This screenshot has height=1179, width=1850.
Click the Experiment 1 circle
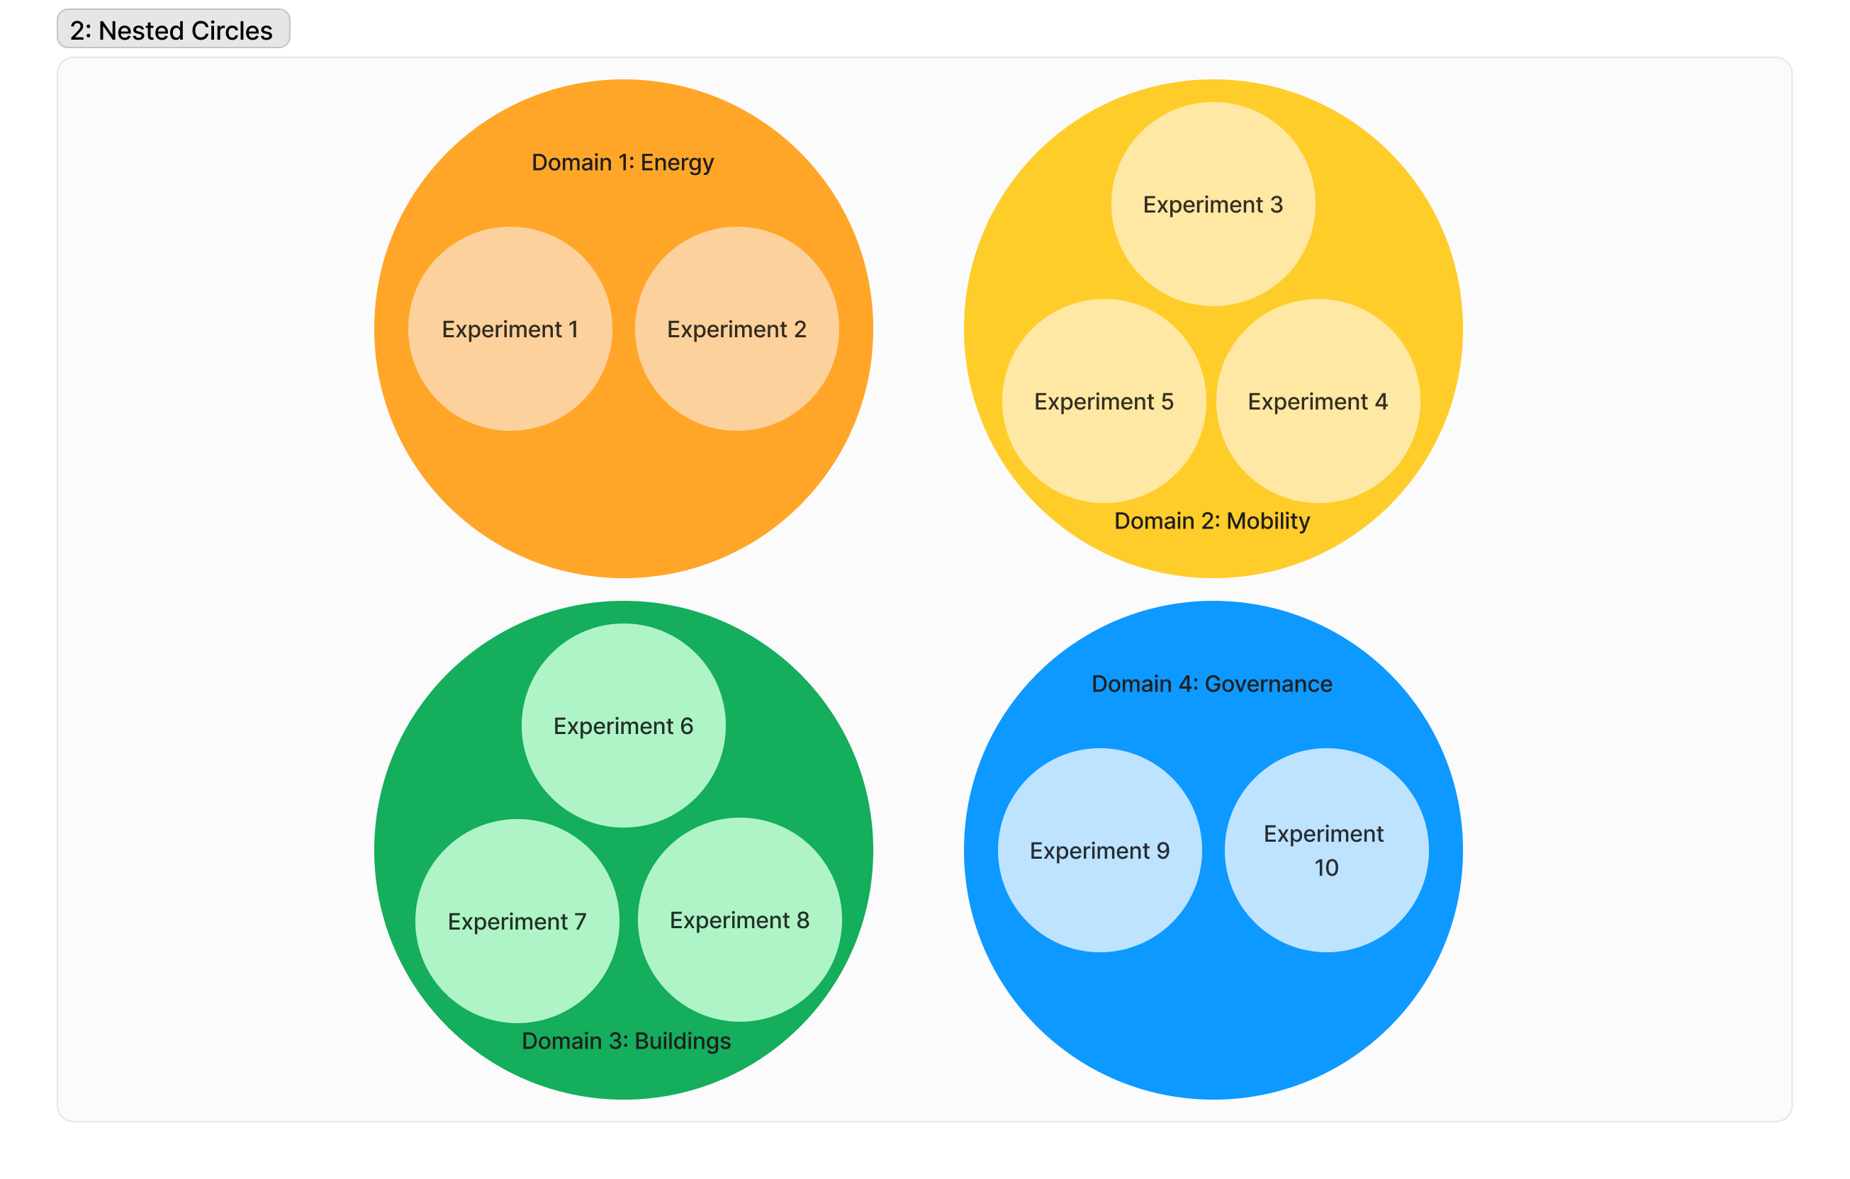click(x=510, y=329)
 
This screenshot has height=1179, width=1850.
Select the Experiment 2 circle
click(x=736, y=329)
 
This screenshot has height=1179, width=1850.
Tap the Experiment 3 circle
click(x=1212, y=204)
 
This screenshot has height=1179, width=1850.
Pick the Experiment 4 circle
click(x=1318, y=401)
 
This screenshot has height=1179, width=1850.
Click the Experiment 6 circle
click(x=623, y=725)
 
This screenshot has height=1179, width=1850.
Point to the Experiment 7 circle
click(x=517, y=920)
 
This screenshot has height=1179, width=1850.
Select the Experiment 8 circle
click(x=739, y=920)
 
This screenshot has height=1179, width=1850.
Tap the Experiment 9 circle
click(x=1099, y=850)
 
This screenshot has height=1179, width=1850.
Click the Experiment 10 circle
click(x=1326, y=850)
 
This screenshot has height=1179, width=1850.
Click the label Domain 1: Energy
click(x=622, y=163)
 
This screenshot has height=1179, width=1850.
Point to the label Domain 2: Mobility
click(x=1211, y=521)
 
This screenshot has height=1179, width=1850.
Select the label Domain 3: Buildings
click(x=626, y=1041)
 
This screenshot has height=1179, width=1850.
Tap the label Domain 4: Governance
click(x=1211, y=684)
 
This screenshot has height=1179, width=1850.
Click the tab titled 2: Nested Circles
click(x=173, y=29)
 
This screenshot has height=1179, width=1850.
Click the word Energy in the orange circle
click(x=677, y=163)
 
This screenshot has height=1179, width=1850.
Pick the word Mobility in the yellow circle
click(x=1267, y=521)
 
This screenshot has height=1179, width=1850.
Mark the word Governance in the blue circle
click(x=1267, y=684)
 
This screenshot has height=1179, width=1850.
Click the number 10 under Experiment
click(x=1326, y=868)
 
